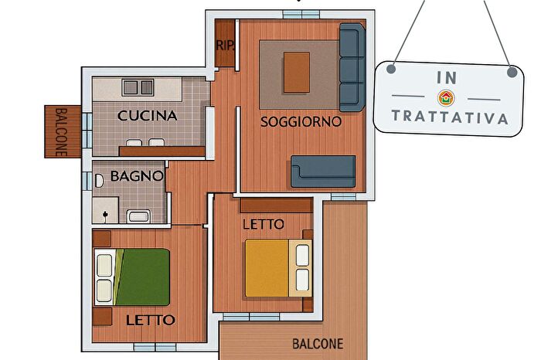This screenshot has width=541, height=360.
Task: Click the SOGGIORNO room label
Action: (x=301, y=121)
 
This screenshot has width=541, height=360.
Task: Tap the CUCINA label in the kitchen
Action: (x=148, y=116)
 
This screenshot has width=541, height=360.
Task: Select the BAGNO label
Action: (x=136, y=175)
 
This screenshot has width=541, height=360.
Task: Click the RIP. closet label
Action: (x=225, y=46)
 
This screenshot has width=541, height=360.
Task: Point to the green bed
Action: (x=141, y=276)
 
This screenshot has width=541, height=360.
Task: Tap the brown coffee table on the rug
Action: (x=297, y=71)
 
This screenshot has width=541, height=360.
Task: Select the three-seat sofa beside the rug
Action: (x=352, y=66)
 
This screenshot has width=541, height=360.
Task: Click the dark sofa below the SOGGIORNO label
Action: (x=323, y=172)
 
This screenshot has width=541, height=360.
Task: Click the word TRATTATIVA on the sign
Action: (x=450, y=117)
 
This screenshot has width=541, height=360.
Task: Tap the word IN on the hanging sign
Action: (x=447, y=78)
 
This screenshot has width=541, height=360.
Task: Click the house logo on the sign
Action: (x=446, y=98)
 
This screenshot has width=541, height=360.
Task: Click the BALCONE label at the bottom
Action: (x=318, y=344)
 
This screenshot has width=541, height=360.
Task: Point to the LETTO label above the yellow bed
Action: (x=263, y=224)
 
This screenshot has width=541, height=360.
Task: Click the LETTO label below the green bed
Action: (x=150, y=319)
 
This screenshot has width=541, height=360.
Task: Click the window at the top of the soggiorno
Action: (x=304, y=14)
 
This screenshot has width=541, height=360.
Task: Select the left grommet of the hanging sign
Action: (x=392, y=70)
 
